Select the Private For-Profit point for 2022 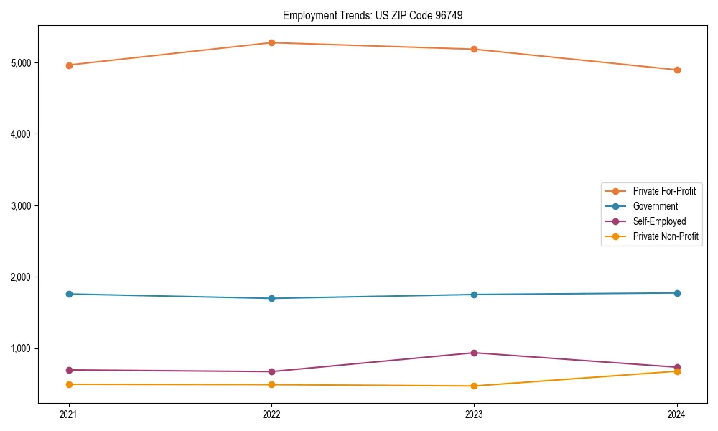271,42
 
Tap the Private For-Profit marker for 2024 677,70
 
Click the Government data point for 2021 69,294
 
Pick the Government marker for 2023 475,295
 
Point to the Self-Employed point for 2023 475,353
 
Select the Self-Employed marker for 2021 69,370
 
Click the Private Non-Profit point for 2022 271,385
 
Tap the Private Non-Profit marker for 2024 677,371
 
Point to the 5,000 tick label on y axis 22,62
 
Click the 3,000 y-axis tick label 22,205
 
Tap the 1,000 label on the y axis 22,348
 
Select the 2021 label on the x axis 69,414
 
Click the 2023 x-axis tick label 475,414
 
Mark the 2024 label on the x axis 677,414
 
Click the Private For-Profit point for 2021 69,65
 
